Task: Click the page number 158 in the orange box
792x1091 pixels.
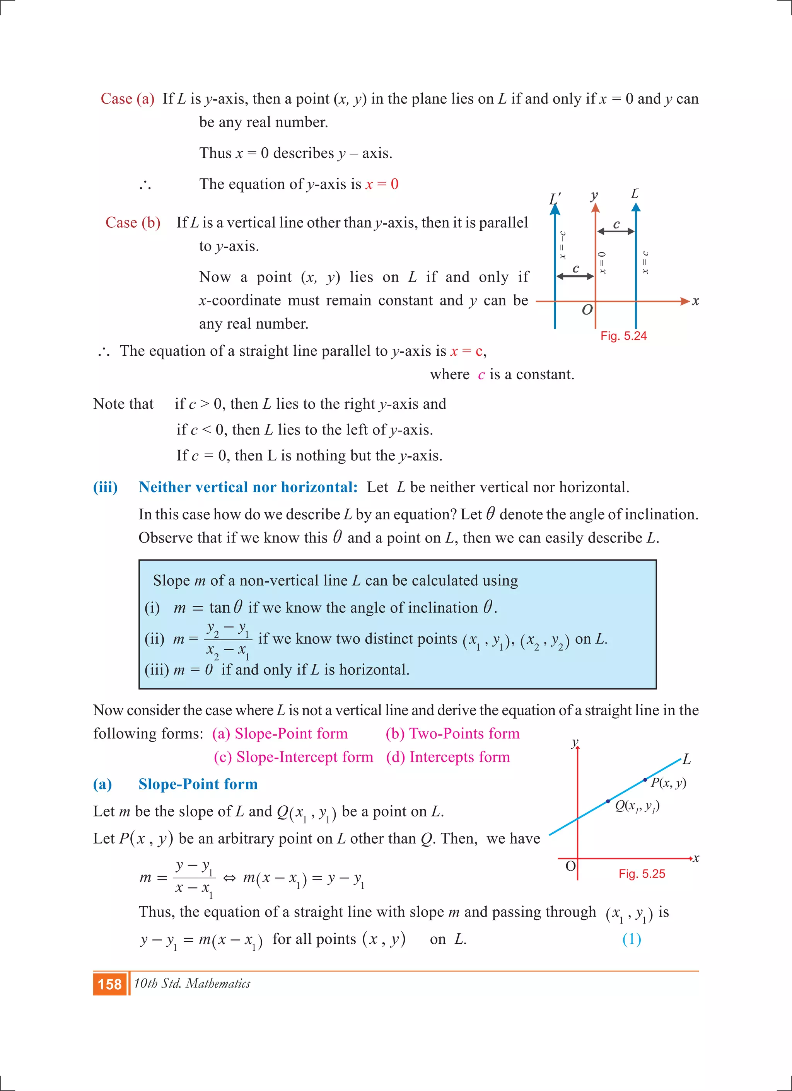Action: pyautogui.click(x=110, y=984)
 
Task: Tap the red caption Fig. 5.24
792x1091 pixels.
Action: pyautogui.click(x=623, y=336)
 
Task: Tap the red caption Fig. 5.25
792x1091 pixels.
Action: pyautogui.click(x=642, y=874)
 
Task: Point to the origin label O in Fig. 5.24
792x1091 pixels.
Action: pyautogui.click(x=587, y=310)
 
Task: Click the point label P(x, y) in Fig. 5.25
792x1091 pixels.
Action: pyautogui.click(x=668, y=782)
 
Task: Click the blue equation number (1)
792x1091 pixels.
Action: pyautogui.click(x=631, y=939)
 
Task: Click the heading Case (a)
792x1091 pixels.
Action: pyautogui.click(x=128, y=99)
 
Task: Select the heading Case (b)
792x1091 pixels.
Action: pyautogui.click(x=133, y=223)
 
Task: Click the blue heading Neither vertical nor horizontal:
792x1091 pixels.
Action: pyautogui.click(x=248, y=487)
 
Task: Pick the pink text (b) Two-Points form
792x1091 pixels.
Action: pyautogui.click(x=452, y=734)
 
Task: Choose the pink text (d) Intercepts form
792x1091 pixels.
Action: pyautogui.click(x=447, y=757)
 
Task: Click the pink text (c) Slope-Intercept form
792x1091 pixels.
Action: pyautogui.click(x=294, y=757)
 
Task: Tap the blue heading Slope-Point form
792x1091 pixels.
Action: pyautogui.click(x=198, y=784)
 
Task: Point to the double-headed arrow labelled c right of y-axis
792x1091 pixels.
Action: pyautogui.click(x=616, y=231)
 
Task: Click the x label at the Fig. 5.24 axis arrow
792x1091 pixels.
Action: pyautogui.click(x=695, y=302)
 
